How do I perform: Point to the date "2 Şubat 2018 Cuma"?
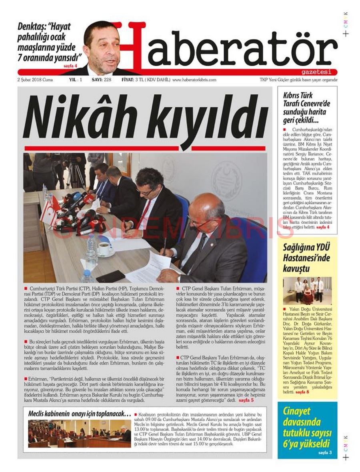35,80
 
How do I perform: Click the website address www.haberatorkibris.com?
194,80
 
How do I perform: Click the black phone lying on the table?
111,276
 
